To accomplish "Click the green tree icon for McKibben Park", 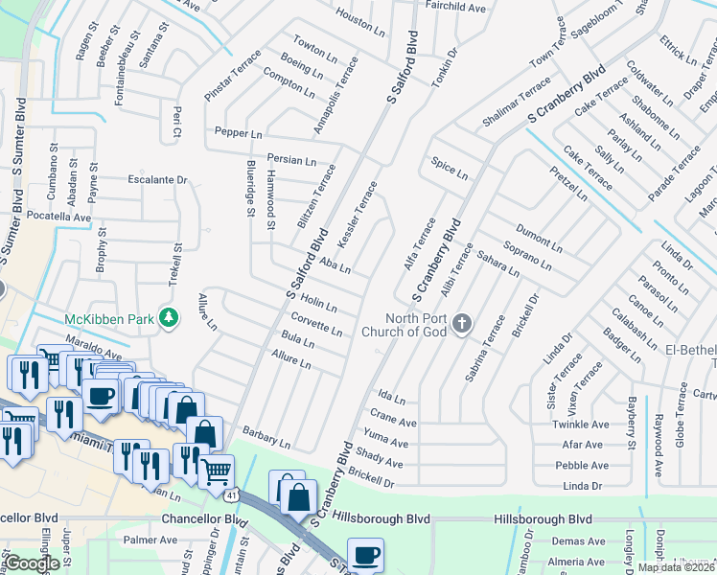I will pos(169,317).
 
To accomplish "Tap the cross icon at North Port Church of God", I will pos(462,321).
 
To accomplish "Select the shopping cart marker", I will pos(218,471).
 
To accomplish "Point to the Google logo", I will pos(32,563).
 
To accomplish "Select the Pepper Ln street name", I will pos(238,132).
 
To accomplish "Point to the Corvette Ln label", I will pos(316,325).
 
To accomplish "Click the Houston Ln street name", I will pos(360,16).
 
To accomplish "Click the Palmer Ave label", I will pos(150,540).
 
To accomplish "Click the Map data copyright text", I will pos(677,567).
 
